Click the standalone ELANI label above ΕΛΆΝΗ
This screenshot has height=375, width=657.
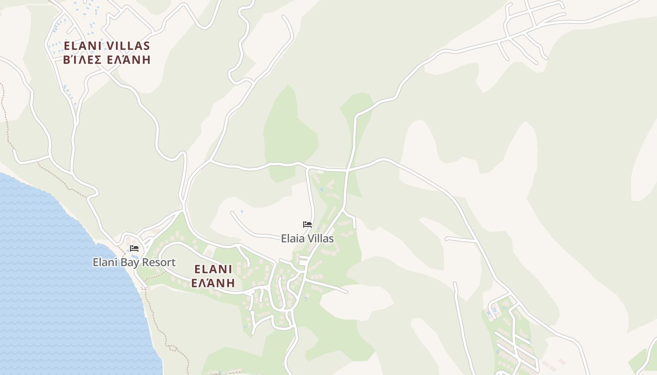click(213, 270)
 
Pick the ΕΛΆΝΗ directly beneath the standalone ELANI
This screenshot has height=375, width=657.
click(213, 283)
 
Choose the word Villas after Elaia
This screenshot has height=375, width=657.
click(321, 239)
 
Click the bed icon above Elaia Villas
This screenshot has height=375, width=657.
click(307, 225)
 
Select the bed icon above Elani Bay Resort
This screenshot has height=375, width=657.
click(134, 248)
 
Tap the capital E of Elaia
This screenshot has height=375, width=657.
click(284, 239)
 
